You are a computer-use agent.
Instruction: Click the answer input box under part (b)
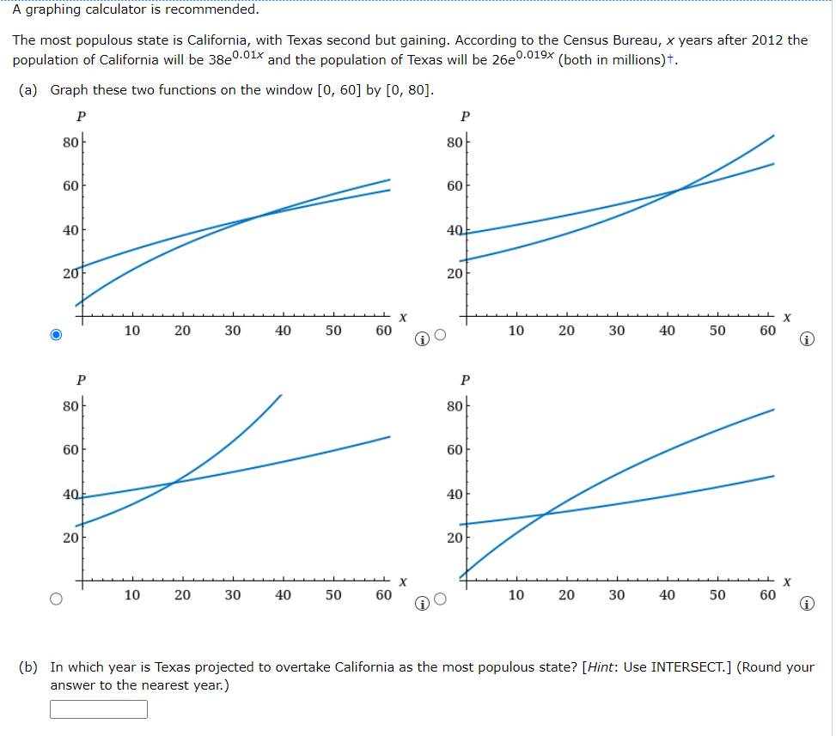[x=99, y=709]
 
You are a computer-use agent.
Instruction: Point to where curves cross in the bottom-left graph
[x=173, y=483]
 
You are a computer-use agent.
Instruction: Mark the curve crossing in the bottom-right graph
[x=545, y=514]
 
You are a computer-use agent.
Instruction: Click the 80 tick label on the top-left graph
[x=69, y=142]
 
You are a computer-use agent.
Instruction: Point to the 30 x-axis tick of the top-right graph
[x=617, y=331]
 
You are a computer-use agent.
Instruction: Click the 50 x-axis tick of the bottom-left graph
[x=333, y=594]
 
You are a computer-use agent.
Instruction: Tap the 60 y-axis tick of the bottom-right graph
[x=454, y=449]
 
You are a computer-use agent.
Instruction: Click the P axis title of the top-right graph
[x=466, y=116]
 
